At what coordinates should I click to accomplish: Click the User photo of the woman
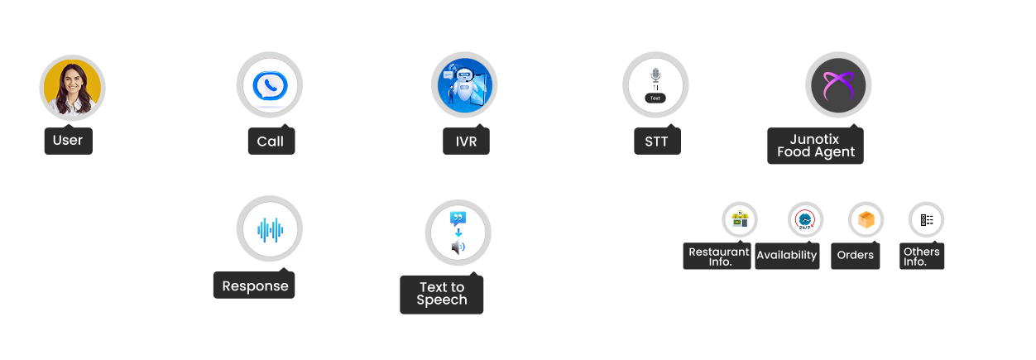[x=72, y=86]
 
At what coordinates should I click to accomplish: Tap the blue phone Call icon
[x=269, y=85]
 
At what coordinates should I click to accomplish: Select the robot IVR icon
[x=464, y=84]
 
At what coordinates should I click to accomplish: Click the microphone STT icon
[x=655, y=84]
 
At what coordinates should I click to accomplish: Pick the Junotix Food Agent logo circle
[x=837, y=84]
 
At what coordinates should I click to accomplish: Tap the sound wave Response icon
[x=269, y=229]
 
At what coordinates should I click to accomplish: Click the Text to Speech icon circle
[x=458, y=233]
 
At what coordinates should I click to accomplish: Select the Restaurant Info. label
[x=717, y=257]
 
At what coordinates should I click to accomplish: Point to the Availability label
[x=786, y=256]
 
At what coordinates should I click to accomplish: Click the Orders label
[x=855, y=256]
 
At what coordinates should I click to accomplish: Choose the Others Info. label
[x=922, y=257]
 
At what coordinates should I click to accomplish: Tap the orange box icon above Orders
[x=866, y=220]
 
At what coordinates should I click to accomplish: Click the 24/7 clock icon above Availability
[x=804, y=220]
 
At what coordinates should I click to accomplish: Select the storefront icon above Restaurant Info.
[x=739, y=220]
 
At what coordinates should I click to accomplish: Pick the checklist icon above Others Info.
[x=927, y=220]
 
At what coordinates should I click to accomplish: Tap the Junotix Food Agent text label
[x=815, y=146]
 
